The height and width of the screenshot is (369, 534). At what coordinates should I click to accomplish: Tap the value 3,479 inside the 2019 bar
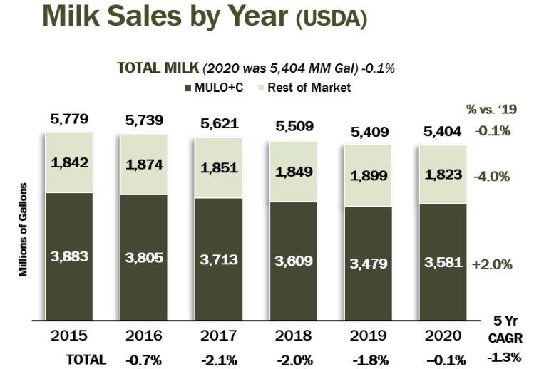(x=369, y=264)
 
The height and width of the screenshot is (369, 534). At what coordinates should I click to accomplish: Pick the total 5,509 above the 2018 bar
(x=292, y=127)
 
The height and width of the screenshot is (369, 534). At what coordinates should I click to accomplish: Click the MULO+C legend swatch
(x=188, y=88)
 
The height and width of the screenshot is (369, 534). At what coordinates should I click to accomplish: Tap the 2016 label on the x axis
(x=143, y=335)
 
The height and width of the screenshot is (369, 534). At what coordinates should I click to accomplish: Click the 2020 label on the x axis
(x=443, y=335)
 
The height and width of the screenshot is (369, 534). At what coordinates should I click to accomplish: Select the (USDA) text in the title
(x=332, y=19)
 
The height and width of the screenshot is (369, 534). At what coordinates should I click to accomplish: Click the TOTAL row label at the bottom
(x=86, y=359)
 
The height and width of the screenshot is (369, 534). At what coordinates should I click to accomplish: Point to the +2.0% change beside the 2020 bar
(x=492, y=264)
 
